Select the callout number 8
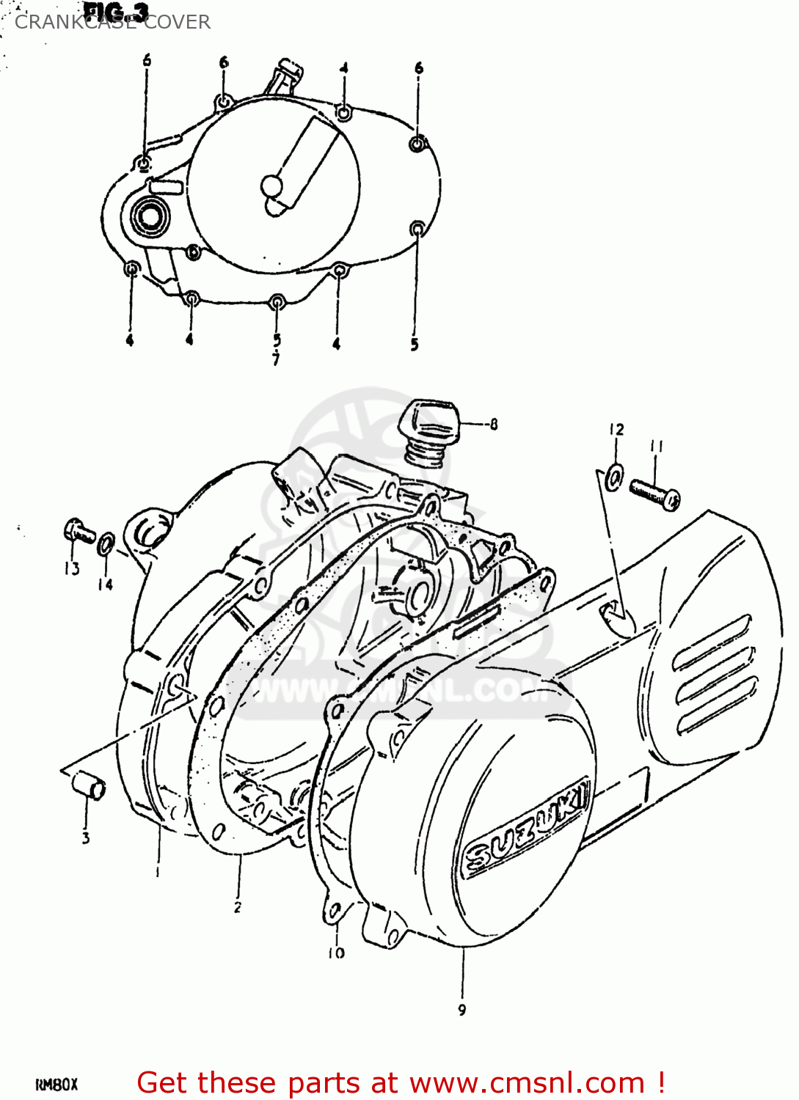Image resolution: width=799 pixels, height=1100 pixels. pos(494,424)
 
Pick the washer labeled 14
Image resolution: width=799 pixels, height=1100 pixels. pos(106,544)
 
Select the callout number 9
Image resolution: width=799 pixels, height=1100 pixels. pos(462,1010)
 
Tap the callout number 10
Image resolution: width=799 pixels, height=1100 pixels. pos(336,953)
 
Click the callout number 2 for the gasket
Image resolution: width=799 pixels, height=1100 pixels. pos(238,907)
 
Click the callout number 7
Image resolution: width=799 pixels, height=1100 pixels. pos(276,359)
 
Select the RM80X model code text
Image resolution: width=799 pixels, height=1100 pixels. pos(56,1084)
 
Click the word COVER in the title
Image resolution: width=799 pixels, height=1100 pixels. pos(178,22)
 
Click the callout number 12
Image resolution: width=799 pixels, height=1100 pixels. pos(616,429)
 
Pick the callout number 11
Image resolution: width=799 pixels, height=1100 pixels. pos(656,446)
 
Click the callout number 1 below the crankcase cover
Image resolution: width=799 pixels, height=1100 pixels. pos(157,871)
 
